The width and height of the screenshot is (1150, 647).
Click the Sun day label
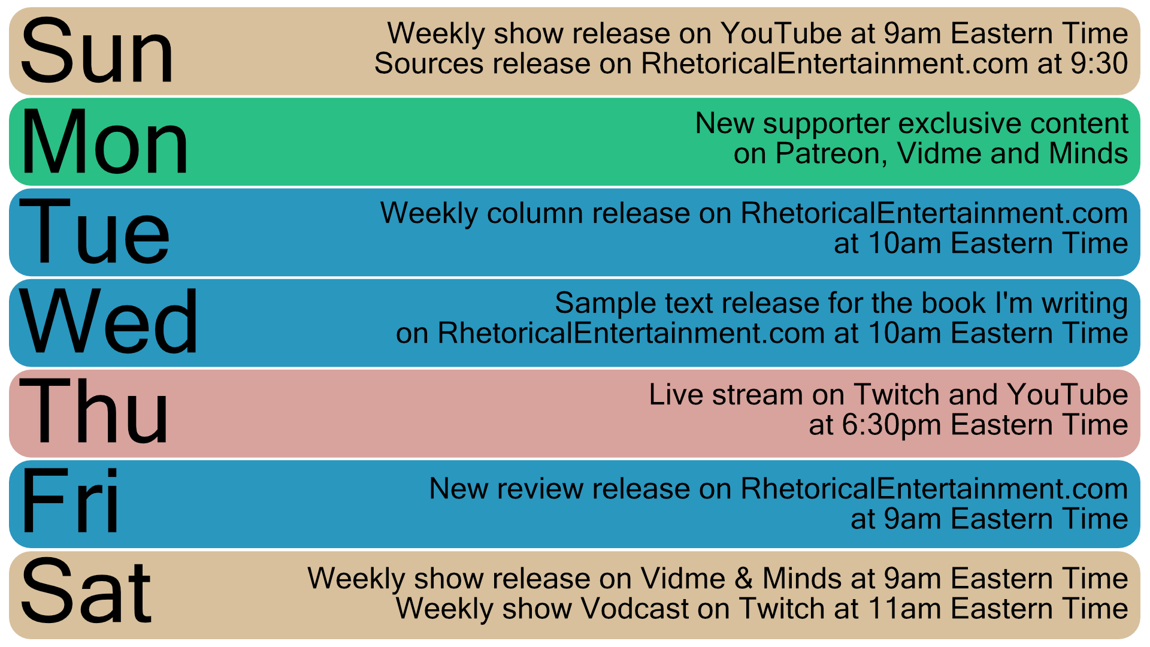click(97, 51)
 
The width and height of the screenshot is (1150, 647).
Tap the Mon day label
click(105, 142)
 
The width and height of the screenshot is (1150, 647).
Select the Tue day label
click(95, 232)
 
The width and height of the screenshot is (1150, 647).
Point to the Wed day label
click(108, 322)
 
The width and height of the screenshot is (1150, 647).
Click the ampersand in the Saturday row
click(744, 579)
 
